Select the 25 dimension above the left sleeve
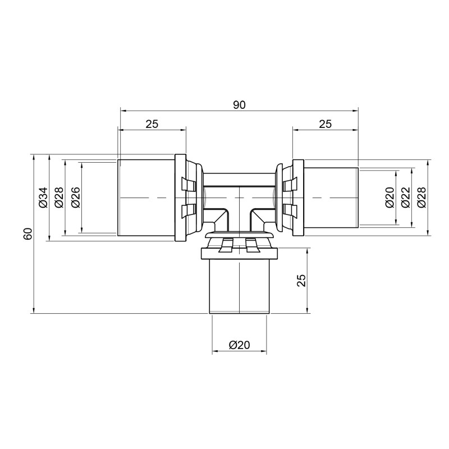point(152,124)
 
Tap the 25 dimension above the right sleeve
point(325,124)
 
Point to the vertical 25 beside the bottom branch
point(301,280)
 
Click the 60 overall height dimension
point(28,233)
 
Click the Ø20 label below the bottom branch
point(239,346)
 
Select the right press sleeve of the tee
point(330,198)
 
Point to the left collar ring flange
point(180,198)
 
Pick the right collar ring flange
point(297,198)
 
